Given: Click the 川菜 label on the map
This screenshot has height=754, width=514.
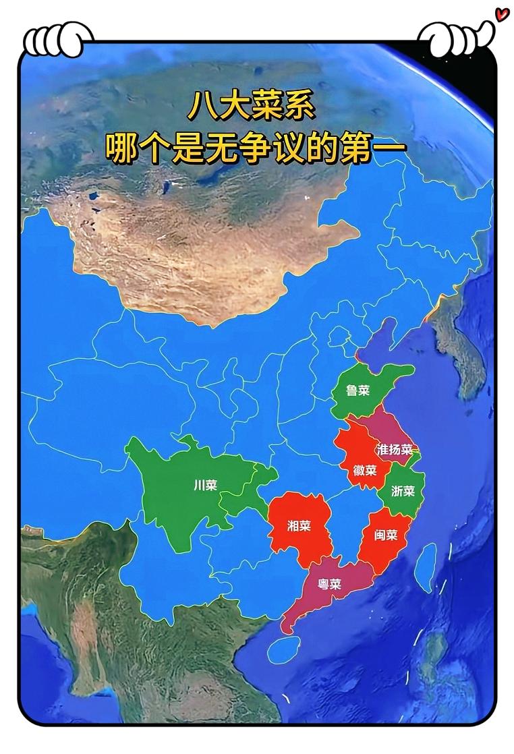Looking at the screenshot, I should [x=205, y=486].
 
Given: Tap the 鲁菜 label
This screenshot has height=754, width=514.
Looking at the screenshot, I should [x=358, y=390].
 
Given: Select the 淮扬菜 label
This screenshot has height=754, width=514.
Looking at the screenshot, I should [x=395, y=449].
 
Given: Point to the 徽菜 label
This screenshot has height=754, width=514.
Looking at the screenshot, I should [x=365, y=470].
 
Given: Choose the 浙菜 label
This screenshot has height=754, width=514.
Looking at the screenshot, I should [x=403, y=491].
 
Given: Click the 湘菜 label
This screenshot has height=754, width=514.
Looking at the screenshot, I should [x=299, y=526].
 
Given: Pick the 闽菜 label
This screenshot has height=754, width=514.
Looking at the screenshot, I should [x=386, y=535].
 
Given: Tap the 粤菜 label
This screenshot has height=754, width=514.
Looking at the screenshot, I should [x=330, y=584].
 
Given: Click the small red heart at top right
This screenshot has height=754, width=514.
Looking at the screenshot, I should [x=501, y=13].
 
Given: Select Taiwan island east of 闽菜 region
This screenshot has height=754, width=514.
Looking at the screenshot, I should [x=424, y=567].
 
